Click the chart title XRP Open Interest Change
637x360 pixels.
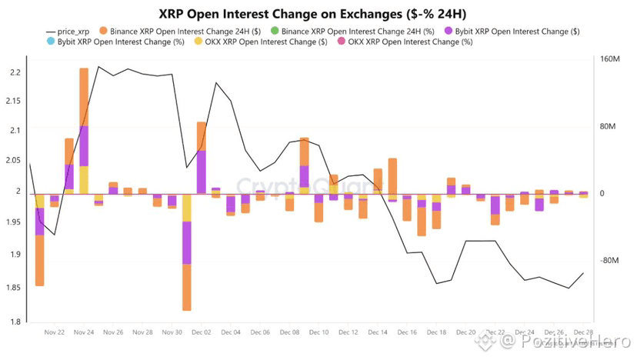click(x=318, y=15)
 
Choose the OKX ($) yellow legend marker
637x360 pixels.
click(x=198, y=42)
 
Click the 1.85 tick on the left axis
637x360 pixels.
click(x=15, y=287)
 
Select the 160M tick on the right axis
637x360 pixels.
click(x=610, y=59)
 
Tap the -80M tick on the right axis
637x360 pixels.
click(x=610, y=261)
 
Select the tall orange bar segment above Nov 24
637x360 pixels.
click(x=84, y=96)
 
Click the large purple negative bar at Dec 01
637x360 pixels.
click(x=187, y=242)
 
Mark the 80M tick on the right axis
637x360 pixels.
click(x=610, y=127)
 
